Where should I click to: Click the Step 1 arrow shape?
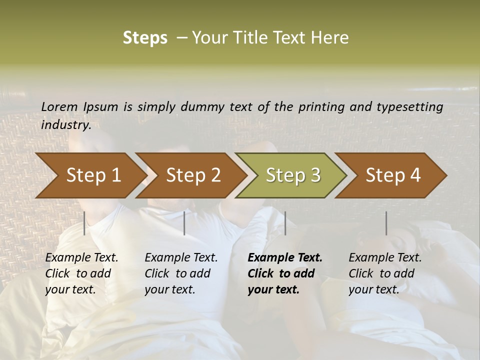[x=93, y=175]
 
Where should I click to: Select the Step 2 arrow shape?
[x=193, y=175]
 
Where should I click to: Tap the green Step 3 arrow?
[x=293, y=175]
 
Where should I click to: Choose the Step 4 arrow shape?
[x=393, y=175]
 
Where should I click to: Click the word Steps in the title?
[x=145, y=38]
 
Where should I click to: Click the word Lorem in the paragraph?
[x=59, y=106]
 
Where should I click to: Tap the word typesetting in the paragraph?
[x=414, y=106]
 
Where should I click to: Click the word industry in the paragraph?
[x=65, y=124]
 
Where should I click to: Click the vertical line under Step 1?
[x=84, y=223]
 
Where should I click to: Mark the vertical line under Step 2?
[x=184, y=223]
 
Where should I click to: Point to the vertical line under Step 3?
[x=285, y=223]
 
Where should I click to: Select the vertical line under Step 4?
[x=386, y=223]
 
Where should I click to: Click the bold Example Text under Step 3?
[x=285, y=258]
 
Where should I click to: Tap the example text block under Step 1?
[x=81, y=273]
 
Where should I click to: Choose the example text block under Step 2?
[x=181, y=273]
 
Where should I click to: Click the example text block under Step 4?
[x=385, y=273]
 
